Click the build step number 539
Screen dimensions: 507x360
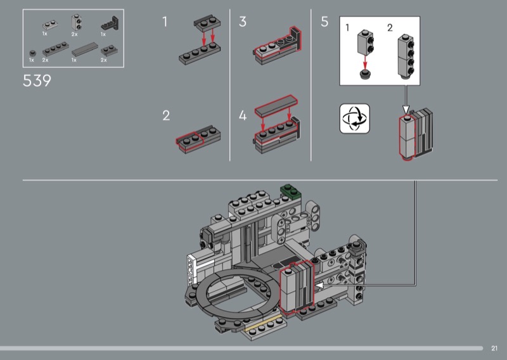[x=37, y=81]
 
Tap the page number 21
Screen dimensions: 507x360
[x=494, y=349]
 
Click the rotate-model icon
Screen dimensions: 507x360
[x=355, y=119]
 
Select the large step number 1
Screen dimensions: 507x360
[x=165, y=22]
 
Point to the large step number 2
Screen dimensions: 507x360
[x=166, y=116]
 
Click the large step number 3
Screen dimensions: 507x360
[x=243, y=22]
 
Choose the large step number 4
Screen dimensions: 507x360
[x=243, y=115]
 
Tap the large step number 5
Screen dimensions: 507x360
[x=324, y=22]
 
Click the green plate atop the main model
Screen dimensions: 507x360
[x=291, y=191]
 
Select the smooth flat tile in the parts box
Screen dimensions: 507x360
[x=84, y=49]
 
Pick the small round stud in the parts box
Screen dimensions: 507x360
[x=32, y=53]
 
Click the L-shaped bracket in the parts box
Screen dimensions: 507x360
[x=110, y=23]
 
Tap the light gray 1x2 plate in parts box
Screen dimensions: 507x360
[x=50, y=25]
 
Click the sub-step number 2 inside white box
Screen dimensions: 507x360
[x=390, y=28]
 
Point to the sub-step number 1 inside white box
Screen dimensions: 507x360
[x=347, y=28]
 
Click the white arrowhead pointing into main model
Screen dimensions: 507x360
[x=319, y=286]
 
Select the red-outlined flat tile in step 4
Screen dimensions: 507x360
[x=276, y=105]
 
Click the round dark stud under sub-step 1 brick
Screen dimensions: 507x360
[x=365, y=74]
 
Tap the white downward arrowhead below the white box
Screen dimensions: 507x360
[x=406, y=109]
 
